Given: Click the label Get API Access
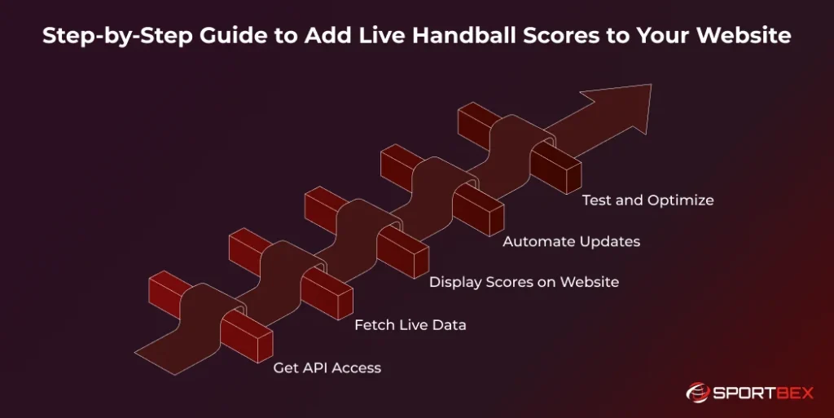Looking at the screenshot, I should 327,367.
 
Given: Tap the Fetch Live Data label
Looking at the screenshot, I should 410,324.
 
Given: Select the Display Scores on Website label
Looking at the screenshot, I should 524,282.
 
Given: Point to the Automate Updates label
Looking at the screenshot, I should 571,241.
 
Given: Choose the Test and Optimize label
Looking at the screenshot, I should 647,200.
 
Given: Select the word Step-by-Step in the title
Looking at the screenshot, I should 108,37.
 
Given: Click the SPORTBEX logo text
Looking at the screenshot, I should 763,393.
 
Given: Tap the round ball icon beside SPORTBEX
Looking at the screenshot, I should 698,393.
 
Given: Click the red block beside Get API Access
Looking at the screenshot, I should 248,336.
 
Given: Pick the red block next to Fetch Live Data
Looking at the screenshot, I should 326,293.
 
